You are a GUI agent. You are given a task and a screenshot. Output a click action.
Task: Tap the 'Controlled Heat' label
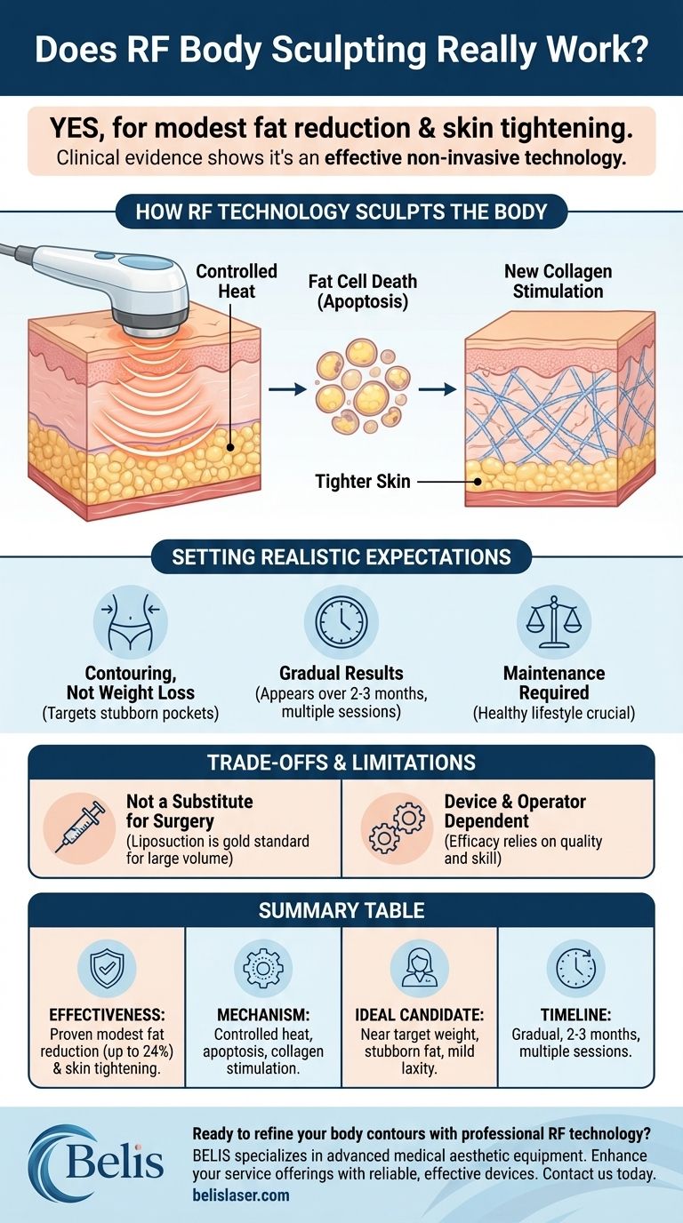[236, 282]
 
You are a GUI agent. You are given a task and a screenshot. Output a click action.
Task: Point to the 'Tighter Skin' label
[363, 482]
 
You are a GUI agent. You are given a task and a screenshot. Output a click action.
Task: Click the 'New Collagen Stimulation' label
[558, 281]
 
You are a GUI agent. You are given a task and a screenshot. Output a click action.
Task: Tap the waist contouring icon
[131, 622]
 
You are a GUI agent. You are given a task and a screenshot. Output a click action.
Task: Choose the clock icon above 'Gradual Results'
[341, 622]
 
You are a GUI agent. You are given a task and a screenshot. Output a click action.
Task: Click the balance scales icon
[553, 622]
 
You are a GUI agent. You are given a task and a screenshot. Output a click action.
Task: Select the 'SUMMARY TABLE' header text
[341, 910]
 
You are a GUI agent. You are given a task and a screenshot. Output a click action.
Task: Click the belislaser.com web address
[240, 1195]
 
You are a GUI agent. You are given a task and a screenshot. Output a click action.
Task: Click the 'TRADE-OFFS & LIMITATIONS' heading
[341, 762]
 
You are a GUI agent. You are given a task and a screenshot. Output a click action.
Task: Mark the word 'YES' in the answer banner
[77, 129]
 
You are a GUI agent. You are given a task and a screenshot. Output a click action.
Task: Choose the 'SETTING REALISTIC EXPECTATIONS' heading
[341, 557]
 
